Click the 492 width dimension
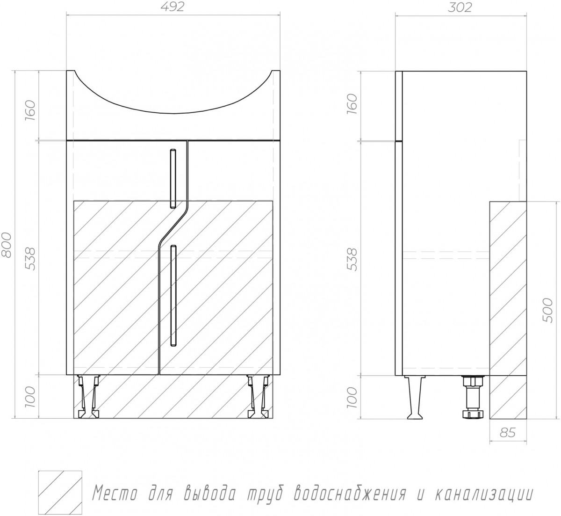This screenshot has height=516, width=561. click(173, 7)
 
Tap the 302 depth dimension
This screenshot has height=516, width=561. click(460, 7)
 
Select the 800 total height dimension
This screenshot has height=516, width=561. click(7, 245)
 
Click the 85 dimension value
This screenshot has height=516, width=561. click(507, 433)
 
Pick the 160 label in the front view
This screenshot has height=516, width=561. click(31, 110)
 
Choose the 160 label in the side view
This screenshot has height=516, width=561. click(352, 104)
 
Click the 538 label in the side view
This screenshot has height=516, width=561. click(352, 259)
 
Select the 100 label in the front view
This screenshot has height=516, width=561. click(31, 397)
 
